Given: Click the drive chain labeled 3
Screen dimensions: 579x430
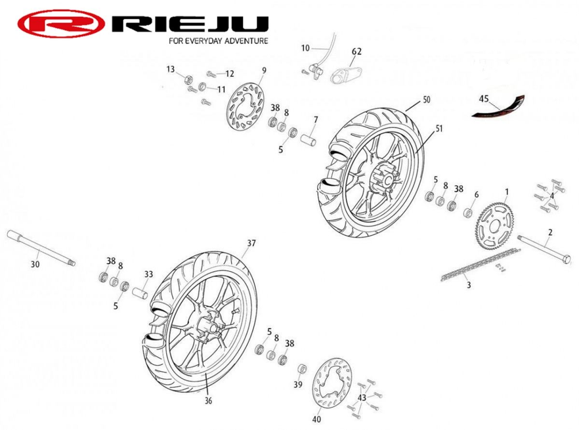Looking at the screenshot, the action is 480,265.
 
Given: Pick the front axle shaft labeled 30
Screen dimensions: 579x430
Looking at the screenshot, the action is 41,247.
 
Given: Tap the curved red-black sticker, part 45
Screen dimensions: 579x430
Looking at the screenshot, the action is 498,107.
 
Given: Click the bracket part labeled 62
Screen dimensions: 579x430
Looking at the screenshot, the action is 346,75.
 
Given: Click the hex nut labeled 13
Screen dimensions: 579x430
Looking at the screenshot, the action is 188,79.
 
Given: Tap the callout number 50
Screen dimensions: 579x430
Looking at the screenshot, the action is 426,100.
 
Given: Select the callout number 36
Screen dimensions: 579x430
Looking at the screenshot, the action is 208,401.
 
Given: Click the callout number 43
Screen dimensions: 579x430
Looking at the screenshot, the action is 362,398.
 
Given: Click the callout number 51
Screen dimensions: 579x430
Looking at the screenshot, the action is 438,129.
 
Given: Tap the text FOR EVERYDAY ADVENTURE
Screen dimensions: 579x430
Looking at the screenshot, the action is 218,41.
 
